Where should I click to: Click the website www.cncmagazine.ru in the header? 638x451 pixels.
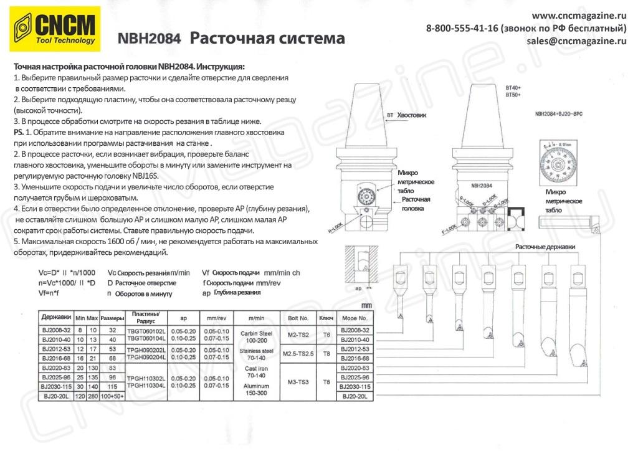[x=579, y=16]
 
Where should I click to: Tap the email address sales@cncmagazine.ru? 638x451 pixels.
[x=576, y=41]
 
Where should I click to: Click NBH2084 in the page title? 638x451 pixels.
[x=149, y=39]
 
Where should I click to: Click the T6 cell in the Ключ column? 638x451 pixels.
[x=326, y=334]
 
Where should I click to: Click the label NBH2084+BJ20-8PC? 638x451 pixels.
[x=559, y=114]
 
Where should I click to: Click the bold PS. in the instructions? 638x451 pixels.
[x=18, y=133]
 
